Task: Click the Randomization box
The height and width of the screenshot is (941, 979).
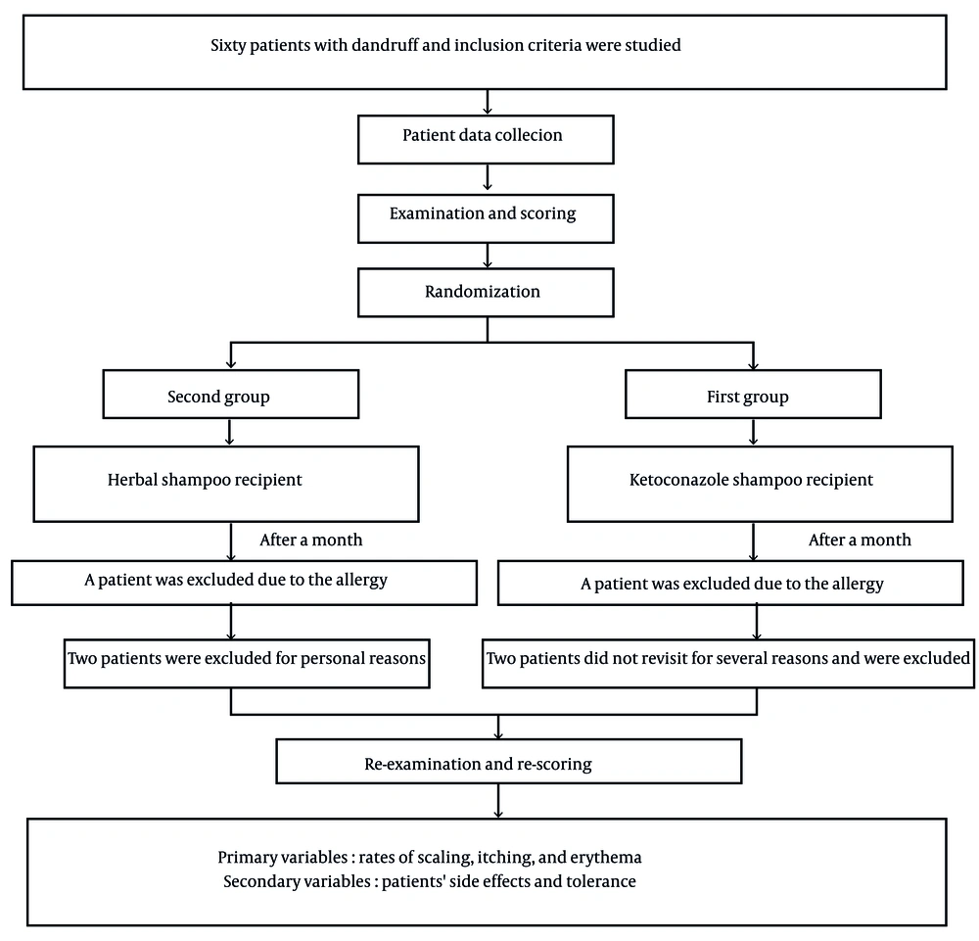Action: (486, 293)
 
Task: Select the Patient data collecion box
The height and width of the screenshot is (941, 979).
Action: (486, 139)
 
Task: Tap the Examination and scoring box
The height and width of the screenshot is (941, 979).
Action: (486, 218)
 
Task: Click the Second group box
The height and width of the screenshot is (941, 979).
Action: (231, 394)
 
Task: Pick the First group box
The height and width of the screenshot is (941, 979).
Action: (753, 394)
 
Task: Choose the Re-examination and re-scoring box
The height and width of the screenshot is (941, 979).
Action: (509, 761)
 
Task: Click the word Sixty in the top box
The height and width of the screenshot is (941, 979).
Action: (228, 46)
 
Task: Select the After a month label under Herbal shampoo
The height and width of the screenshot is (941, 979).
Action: (311, 541)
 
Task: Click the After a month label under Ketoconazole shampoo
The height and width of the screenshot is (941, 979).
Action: (860, 541)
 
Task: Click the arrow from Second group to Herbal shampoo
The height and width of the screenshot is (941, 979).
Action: (230, 432)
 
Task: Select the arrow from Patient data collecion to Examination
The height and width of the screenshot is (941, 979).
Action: (487, 177)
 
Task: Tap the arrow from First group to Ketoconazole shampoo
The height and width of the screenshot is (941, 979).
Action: (753, 432)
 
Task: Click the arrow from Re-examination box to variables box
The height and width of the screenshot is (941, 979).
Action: (497, 801)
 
